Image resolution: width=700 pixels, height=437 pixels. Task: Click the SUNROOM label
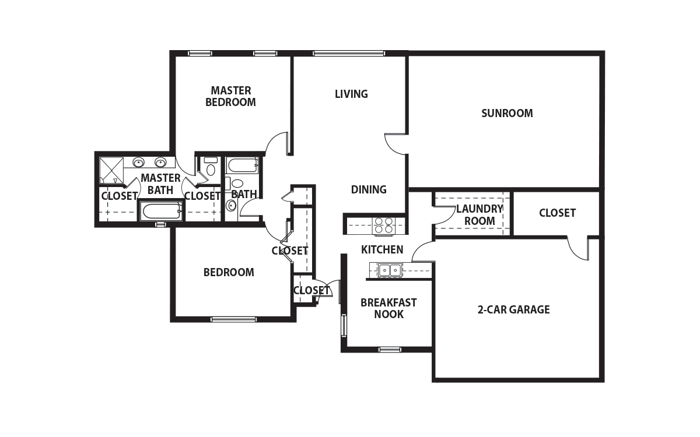tap(507, 113)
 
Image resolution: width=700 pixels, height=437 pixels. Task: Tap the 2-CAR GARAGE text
tap(513, 309)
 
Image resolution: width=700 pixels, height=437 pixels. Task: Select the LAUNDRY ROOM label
tap(480, 215)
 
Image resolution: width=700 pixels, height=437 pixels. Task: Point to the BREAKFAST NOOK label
tap(388, 308)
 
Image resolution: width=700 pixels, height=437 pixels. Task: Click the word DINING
tap(369, 189)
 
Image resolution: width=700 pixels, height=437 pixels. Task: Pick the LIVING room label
tap(351, 94)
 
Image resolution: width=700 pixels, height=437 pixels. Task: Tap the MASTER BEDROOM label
tap(230, 97)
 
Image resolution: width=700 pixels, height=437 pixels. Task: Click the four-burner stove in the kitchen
tap(384, 225)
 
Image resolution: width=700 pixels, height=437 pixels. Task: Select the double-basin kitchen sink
tap(390, 270)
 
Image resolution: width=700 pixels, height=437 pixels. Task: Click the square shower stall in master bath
tap(111, 170)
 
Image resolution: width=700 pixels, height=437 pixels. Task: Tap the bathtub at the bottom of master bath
tap(162, 212)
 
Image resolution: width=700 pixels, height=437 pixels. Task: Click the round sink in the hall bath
tap(231, 206)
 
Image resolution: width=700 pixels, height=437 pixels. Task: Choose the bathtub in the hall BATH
tap(243, 165)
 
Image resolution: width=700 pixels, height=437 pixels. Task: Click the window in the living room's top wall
tap(348, 54)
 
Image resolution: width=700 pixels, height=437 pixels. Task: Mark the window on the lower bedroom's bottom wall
tap(233, 319)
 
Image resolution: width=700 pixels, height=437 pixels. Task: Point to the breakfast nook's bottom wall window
tap(390, 350)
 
